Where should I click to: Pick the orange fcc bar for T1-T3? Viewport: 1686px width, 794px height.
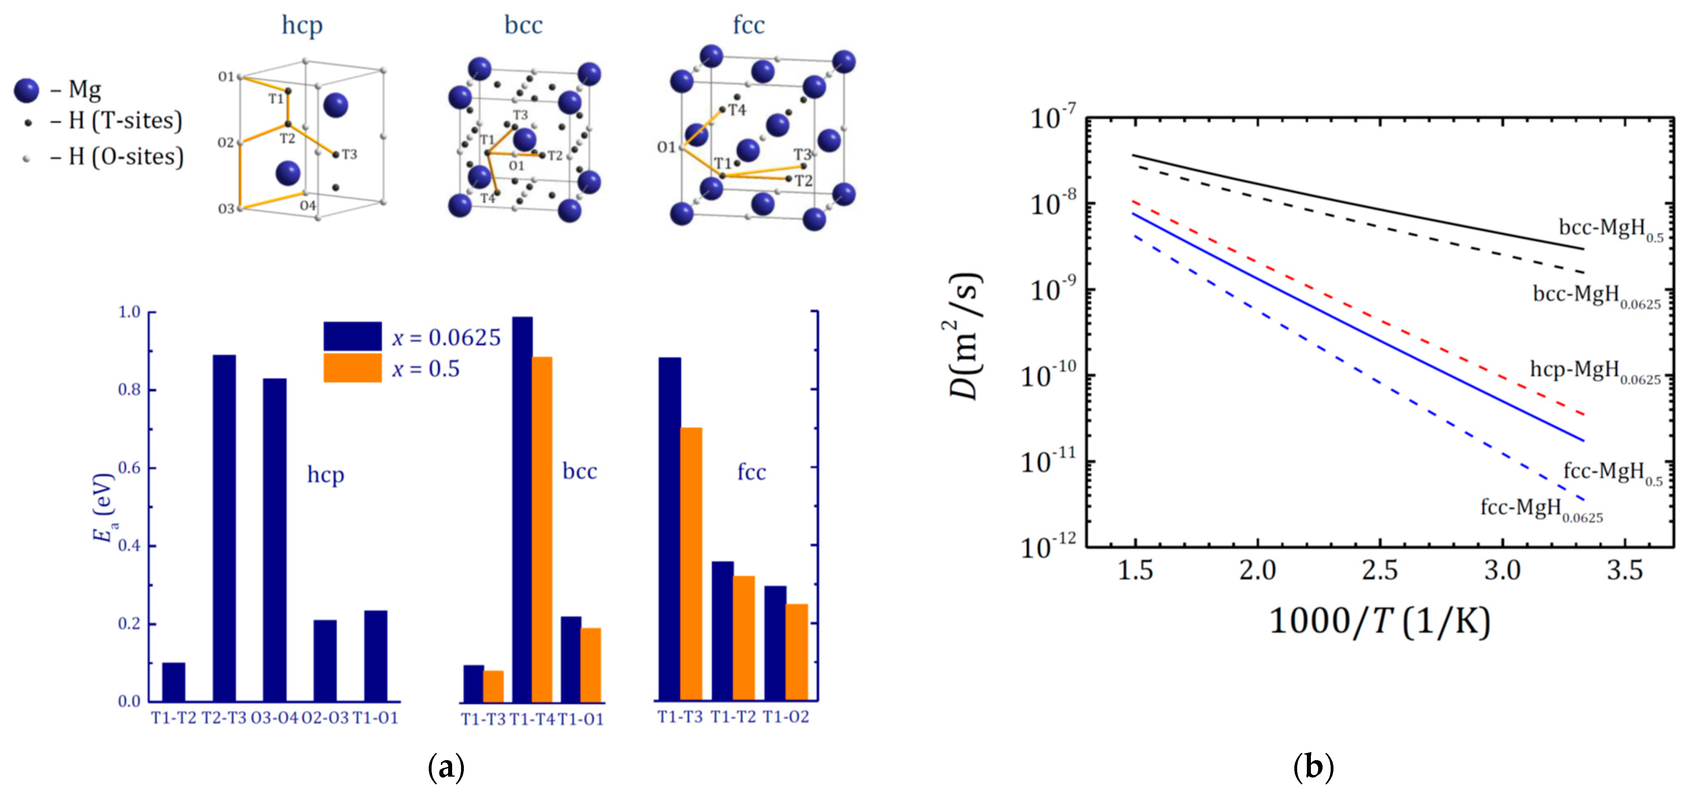[691, 564]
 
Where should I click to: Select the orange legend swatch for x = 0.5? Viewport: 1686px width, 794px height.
[352, 368]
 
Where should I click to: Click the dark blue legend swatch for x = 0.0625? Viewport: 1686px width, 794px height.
[352, 336]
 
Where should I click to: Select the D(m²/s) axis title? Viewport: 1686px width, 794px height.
[965, 335]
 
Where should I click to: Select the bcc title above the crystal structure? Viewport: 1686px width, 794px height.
[523, 25]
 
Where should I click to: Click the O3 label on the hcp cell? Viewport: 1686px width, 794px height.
[226, 209]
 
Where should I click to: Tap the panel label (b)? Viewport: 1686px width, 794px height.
[1313, 765]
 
